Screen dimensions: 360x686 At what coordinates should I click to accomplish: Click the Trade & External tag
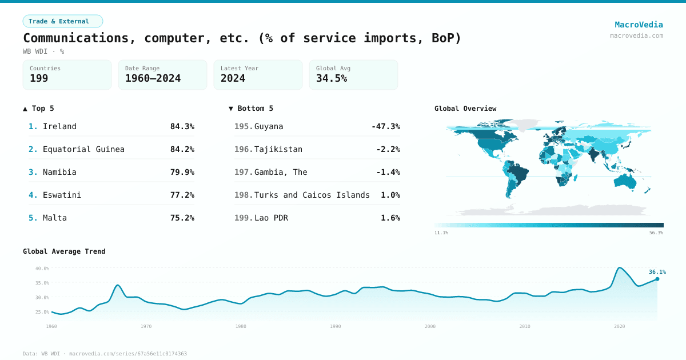(x=62, y=21)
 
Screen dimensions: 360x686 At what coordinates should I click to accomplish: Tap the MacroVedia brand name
(x=639, y=25)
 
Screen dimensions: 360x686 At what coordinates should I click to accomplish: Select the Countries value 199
(x=39, y=78)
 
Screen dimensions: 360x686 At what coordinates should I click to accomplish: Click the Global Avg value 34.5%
(x=332, y=78)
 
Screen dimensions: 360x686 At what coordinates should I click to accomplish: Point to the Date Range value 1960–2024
(x=153, y=78)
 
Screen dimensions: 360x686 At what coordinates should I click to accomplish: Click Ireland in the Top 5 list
(x=59, y=126)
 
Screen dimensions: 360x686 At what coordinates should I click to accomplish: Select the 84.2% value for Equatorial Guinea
(x=182, y=149)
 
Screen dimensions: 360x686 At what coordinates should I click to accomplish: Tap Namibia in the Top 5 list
(x=59, y=172)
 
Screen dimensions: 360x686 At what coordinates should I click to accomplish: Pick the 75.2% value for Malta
(x=182, y=218)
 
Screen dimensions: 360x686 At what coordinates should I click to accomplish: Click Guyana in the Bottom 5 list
(x=268, y=126)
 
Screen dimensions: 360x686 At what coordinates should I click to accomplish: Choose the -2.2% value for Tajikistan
(x=388, y=149)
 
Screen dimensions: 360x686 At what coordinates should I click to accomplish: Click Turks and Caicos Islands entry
(x=312, y=195)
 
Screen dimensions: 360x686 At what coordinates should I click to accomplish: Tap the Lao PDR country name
(x=271, y=218)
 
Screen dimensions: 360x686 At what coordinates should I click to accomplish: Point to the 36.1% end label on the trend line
(x=657, y=272)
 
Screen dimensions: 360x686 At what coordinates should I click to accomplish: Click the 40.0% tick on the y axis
(x=42, y=268)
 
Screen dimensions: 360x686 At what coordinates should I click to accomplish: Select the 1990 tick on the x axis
(x=335, y=326)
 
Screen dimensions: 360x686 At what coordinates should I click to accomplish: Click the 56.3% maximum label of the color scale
(x=656, y=233)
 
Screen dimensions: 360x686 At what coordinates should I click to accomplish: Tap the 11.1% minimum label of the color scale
(x=441, y=233)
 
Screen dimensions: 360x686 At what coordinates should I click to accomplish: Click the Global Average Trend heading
(x=64, y=251)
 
